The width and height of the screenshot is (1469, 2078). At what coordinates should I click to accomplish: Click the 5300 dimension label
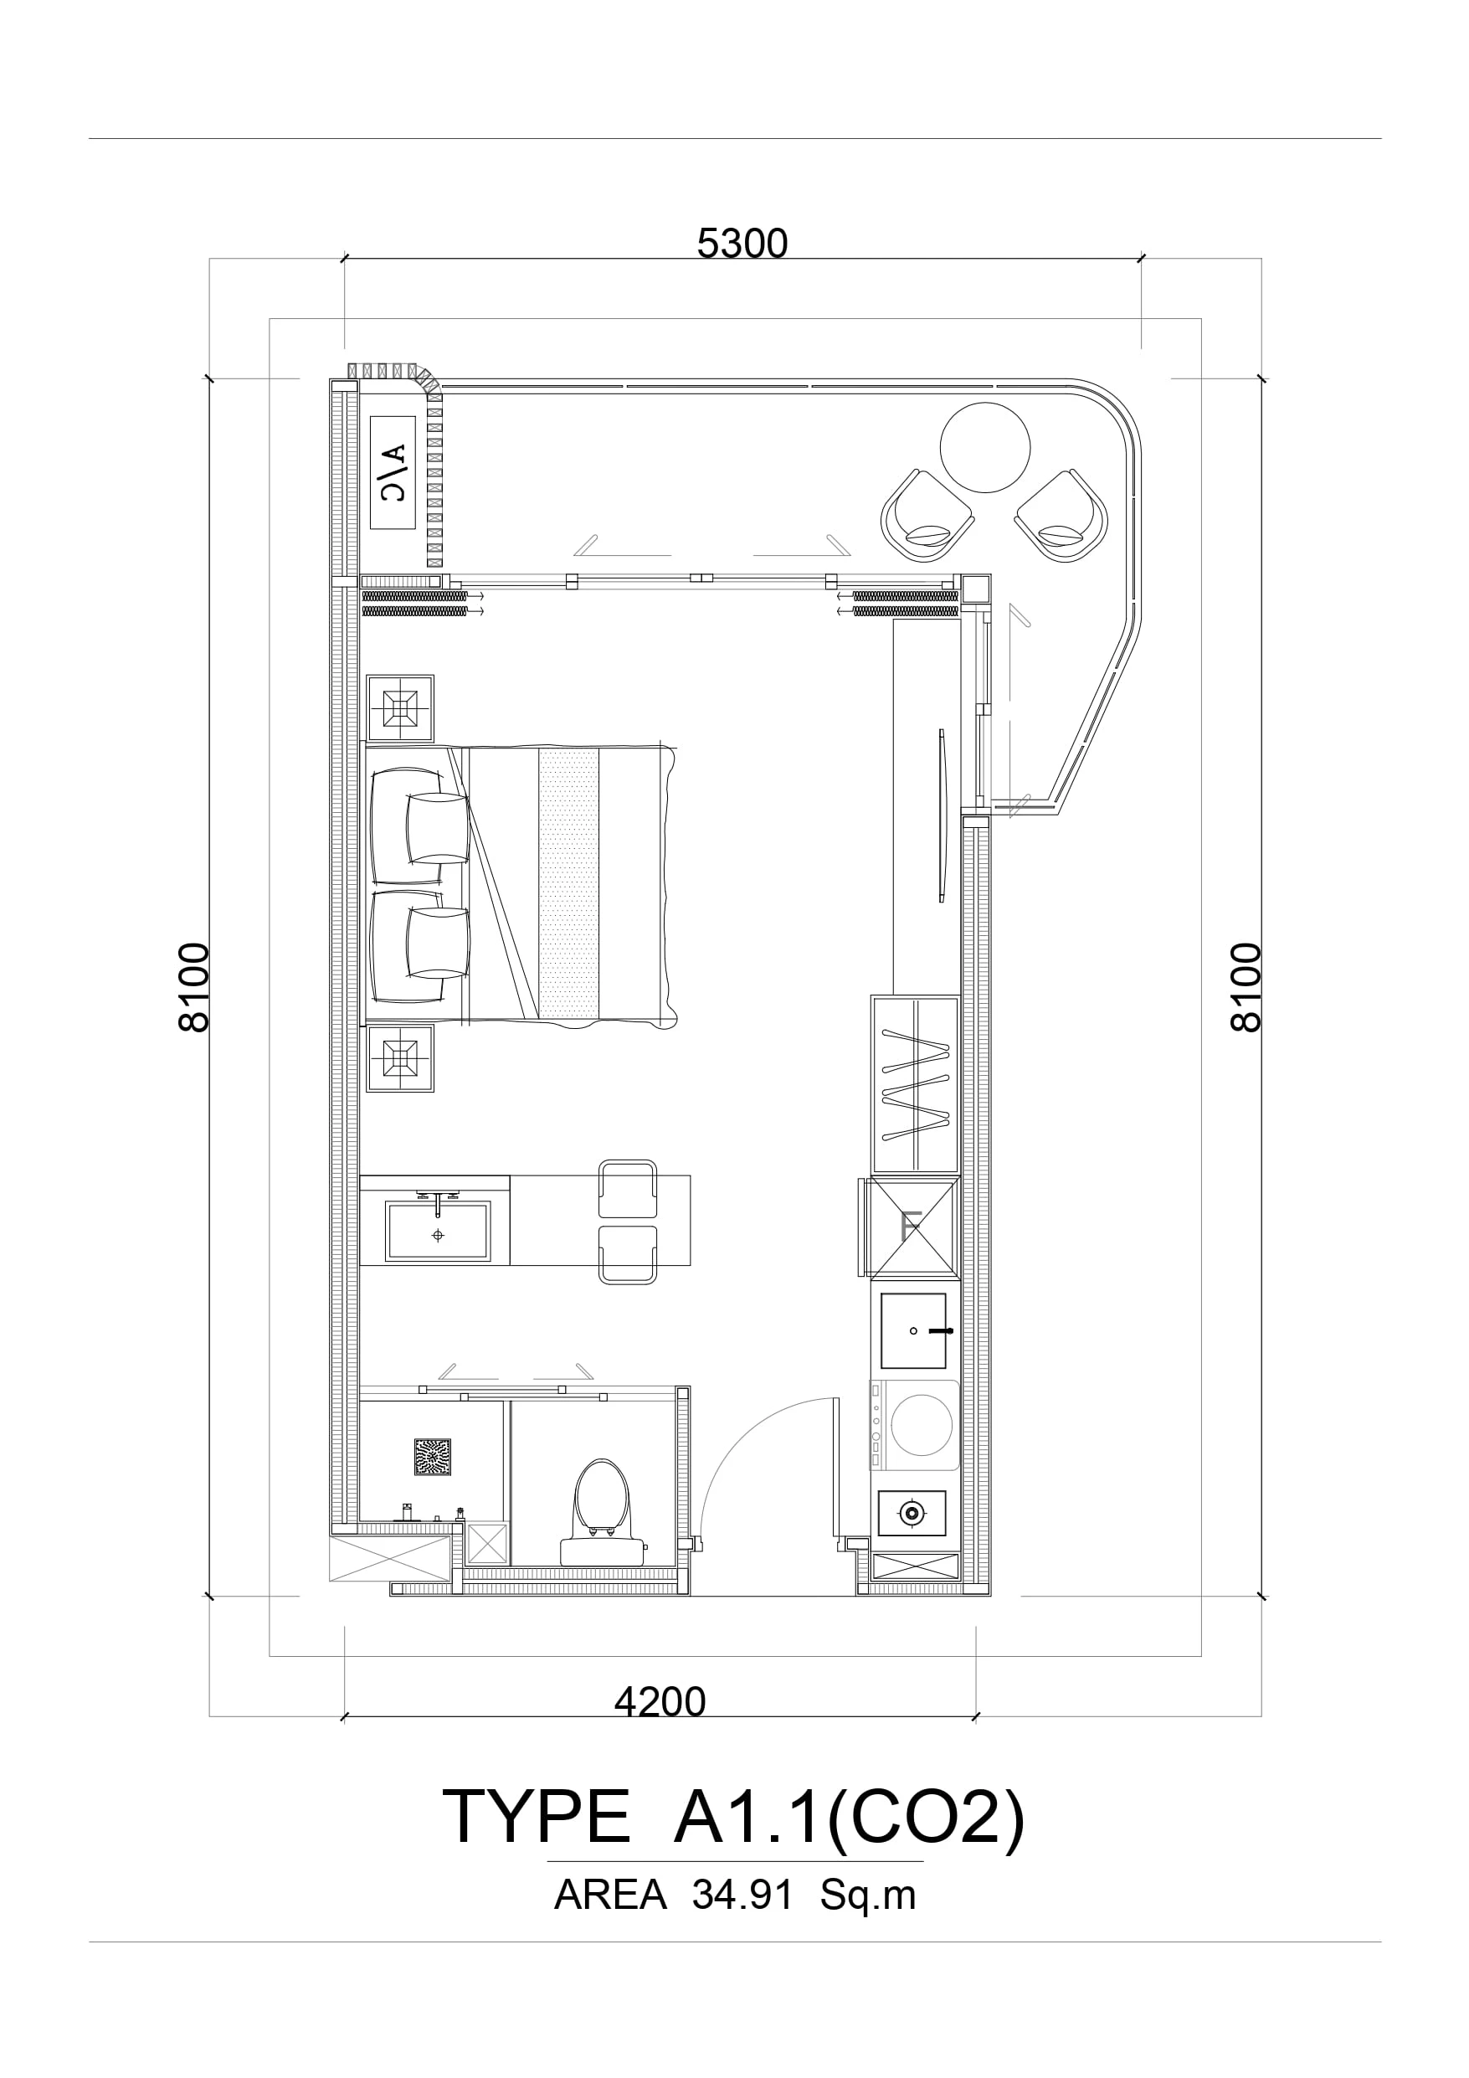pyautogui.click(x=742, y=244)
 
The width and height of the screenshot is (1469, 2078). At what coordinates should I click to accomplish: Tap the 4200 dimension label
pyautogui.click(x=660, y=1702)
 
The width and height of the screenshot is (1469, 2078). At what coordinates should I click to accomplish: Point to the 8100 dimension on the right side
pyautogui.click(x=1246, y=987)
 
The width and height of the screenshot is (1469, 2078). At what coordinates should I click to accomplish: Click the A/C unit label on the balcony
pyautogui.click(x=393, y=472)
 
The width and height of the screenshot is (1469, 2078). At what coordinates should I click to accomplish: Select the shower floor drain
pyautogui.click(x=433, y=1457)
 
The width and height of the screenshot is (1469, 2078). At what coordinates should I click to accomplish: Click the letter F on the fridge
pyautogui.click(x=912, y=1227)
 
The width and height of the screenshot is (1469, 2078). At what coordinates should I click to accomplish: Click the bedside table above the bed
pyautogui.click(x=400, y=708)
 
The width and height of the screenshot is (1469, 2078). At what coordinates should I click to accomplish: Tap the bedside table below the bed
pyautogui.click(x=400, y=1058)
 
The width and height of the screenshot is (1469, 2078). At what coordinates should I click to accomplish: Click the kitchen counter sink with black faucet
pyautogui.click(x=913, y=1330)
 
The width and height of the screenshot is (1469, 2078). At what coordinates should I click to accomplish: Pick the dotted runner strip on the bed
pyautogui.click(x=568, y=883)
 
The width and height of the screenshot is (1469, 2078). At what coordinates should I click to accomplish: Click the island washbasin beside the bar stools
pyautogui.click(x=438, y=1231)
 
